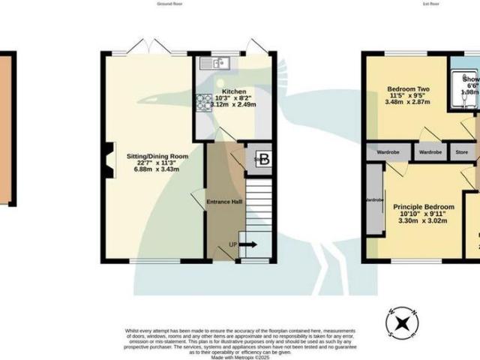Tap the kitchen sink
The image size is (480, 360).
coord(217,63)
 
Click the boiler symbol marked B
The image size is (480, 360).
coord(263,158)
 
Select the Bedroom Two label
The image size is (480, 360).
coord(404,88)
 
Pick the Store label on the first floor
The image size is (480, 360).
coord(461,152)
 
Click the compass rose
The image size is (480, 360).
coord(402,322)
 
